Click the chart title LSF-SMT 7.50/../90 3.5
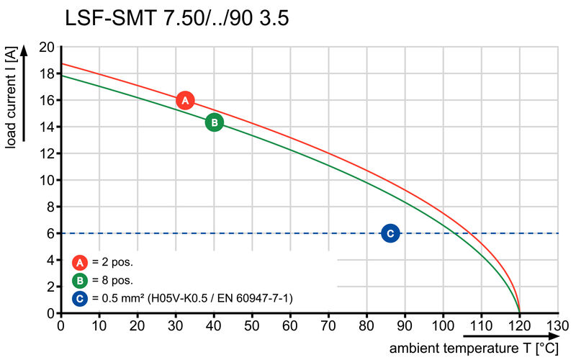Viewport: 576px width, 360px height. point(177,19)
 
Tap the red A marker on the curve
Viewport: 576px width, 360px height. point(185,101)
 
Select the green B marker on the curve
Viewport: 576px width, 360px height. point(214,122)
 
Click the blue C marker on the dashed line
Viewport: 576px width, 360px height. point(390,233)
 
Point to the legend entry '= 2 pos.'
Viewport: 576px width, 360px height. point(112,262)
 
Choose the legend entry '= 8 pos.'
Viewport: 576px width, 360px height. point(112,279)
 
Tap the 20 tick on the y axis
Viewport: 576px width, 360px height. point(47,48)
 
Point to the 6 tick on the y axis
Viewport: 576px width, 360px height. point(50,233)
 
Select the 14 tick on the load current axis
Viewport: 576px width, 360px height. point(47,127)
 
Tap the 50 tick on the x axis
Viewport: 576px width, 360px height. point(252,325)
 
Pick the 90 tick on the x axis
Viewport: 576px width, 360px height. point(405,325)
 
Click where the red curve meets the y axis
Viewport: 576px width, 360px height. point(60,64)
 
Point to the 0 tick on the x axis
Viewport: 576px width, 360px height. point(60,325)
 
